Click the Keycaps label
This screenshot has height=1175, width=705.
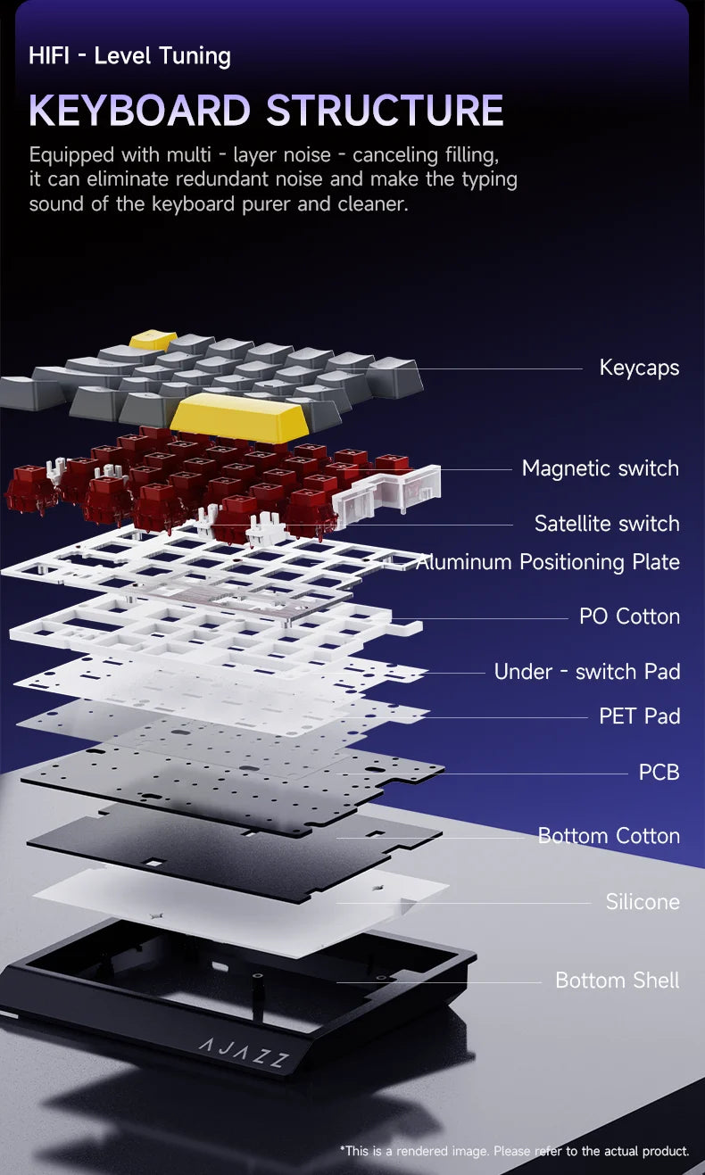tap(639, 368)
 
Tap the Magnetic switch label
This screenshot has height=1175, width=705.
tap(600, 468)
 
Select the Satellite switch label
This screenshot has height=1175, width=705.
tap(607, 524)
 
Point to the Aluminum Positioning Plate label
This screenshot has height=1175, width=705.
tap(548, 562)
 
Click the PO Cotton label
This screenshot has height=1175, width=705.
tap(629, 616)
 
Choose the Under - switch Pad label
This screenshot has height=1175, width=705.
tap(587, 672)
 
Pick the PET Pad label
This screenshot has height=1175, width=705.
tap(640, 716)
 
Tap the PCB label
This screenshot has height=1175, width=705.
tap(659, 772)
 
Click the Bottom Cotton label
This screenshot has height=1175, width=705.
tap(609, 836)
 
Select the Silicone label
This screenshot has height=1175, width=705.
tap(643, 902)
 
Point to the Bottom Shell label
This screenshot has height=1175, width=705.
tap(617, 980)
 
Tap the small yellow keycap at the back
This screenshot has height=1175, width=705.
tap(153, 340)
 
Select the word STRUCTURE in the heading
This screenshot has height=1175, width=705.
tap(385, 110)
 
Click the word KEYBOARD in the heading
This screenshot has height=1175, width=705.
tap(140, 110)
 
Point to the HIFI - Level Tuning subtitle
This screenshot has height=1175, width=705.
tap(129, 55)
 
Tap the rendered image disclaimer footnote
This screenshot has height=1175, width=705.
tap(514, 1151)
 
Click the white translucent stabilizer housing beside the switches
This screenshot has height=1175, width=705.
tap(387, 494)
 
